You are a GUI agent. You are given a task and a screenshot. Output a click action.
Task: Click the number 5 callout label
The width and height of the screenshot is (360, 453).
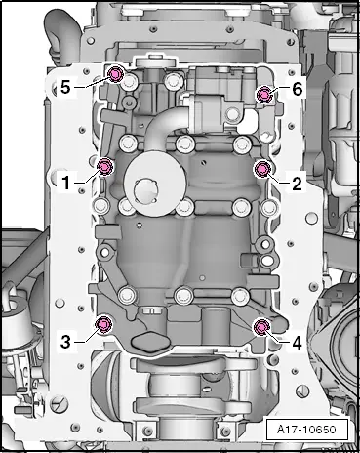click(x=65, y=86)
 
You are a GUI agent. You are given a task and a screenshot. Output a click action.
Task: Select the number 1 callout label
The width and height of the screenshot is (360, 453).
click(x=65, y=181)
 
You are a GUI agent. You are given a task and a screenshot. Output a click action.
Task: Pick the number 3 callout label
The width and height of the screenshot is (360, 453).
click(x=65, y=342)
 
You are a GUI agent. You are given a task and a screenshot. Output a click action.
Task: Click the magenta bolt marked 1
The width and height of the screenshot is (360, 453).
click(x=106, y=166)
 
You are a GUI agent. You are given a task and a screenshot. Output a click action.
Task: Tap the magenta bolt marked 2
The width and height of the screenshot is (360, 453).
click(x=261, y=169)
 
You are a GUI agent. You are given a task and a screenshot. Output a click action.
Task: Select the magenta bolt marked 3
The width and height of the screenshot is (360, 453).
click(x=104, y=325)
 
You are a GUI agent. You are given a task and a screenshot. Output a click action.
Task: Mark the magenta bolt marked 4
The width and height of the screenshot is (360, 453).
click(x=261, y=326)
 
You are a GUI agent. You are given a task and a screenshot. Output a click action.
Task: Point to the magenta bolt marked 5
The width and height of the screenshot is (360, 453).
click(x=115, y=75)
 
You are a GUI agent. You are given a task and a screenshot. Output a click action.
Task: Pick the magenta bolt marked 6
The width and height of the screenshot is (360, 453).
click(x=262, y=94)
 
